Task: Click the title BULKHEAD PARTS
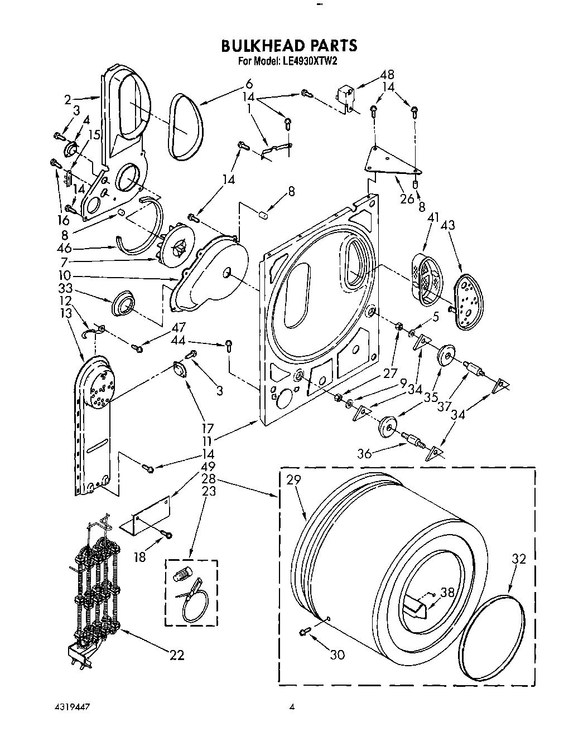click(x=289, y=45)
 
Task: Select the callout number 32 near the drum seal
click(x=519, y=559)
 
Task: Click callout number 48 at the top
click(x=387, y=74)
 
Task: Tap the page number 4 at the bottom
click(x=291, y=708)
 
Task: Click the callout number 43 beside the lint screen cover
click(x=448, y=225)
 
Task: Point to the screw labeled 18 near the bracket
click(x=167, y=535)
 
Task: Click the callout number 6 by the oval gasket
click(x=248, y=84)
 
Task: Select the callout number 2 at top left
click(x=68, y=100)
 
